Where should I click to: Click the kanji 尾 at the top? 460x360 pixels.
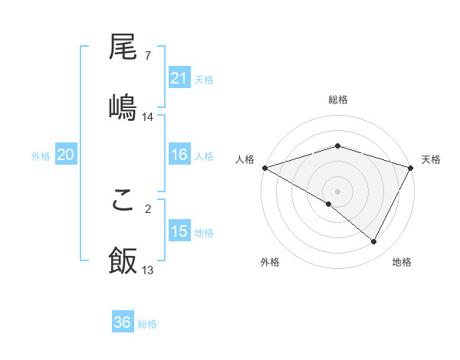click(x=123, y=49)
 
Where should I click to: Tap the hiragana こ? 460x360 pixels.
click(x=123, y=202)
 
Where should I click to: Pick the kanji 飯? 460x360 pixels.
click(x=123, y=260)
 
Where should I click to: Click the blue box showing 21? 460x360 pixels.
click(x=179, y=78)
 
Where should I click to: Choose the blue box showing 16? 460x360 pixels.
click(x=179, y=155)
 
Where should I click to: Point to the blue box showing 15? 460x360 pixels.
click(x=179, y=231)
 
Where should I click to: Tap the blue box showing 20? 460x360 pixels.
click(x=65, y=155)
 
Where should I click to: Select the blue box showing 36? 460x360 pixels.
click(x=123, y=322)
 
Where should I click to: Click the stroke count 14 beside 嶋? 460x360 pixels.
click(x=148, y=116)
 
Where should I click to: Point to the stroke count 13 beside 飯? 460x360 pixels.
click(x=148, y=270)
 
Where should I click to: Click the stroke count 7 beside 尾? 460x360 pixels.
click(x=147, y=56)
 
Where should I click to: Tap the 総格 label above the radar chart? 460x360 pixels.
click(x=338, y=100)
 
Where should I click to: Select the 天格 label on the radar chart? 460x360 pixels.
click(x=431, y=159)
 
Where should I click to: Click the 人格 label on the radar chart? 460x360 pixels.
click(x=245, y=159)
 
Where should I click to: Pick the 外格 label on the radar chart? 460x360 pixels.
click(x=270, y=262)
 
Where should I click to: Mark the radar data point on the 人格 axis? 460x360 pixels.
click(x=264, y=168)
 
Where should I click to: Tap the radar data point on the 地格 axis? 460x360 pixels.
click(x=374, y=242)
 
